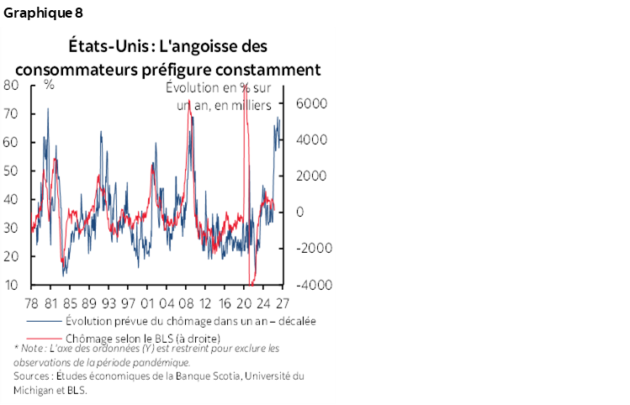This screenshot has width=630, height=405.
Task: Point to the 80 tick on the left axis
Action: click(x=12, y=85)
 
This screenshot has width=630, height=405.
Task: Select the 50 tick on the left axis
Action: click(x=12, y=171)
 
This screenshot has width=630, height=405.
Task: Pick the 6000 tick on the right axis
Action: click(x=307, y=104)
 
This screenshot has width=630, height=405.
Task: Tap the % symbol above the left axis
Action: click(x=50, y=85)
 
